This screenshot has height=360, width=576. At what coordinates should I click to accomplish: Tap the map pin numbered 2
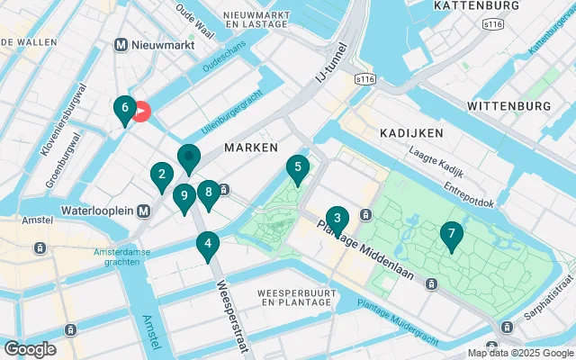coord(161,175)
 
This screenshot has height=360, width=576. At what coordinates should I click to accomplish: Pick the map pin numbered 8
coord(208,192)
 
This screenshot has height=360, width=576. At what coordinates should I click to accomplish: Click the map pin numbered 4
coord(208,243)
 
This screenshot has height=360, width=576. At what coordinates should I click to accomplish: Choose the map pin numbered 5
coord(297,167)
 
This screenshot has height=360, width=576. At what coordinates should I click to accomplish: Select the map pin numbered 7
coord(451,235)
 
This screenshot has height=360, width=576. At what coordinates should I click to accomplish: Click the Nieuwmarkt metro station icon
coord(121,45)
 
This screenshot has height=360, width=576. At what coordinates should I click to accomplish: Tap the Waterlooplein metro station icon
coord(143,211)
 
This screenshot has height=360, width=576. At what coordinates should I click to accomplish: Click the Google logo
coord(29,348)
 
